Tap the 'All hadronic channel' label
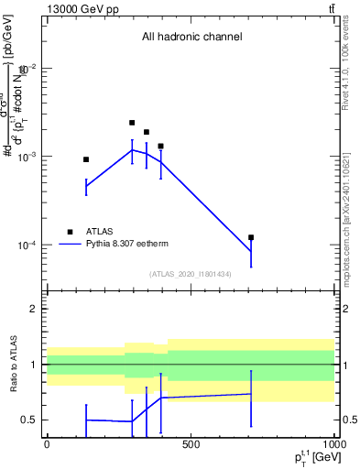191,38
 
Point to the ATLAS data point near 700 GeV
251,237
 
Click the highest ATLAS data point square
132,123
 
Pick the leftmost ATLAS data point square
86,159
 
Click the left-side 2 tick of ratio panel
33,309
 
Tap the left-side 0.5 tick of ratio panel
29,420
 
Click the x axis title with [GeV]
313,458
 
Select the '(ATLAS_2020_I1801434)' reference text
191,274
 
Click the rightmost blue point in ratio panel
251,394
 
